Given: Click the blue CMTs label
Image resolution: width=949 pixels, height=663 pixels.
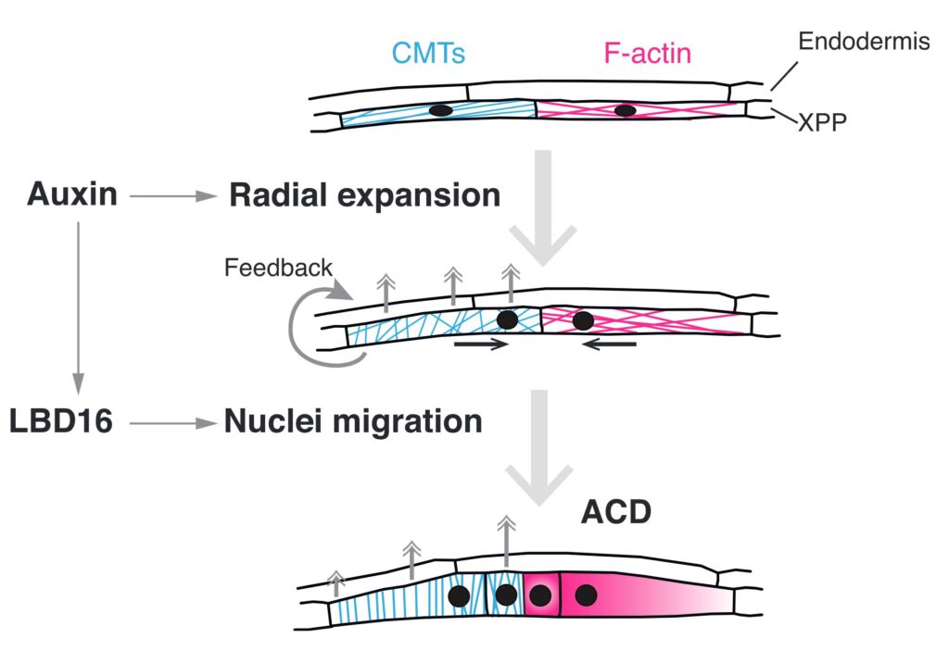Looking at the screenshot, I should pos(428,53).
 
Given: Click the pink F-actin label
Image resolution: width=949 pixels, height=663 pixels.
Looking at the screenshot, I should pos(648,53).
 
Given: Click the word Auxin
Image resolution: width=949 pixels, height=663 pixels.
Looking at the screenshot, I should pos(72,194).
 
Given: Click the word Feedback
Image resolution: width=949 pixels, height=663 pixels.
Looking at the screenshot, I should pos(278,269).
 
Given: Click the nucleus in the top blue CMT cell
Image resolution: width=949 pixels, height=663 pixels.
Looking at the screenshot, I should pos(441,111).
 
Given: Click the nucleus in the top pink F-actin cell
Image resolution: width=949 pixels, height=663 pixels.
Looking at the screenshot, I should pos(626,111).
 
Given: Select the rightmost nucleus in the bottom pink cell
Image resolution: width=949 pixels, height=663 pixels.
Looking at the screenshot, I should pos(585,595).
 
